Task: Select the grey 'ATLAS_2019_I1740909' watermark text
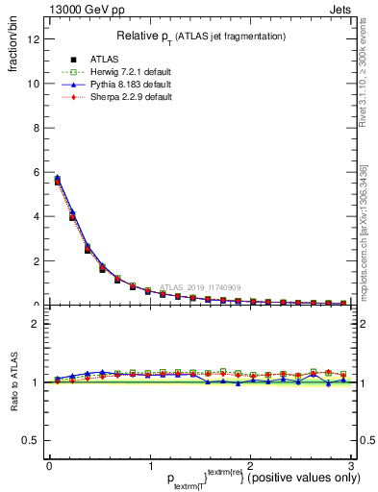[202, 286]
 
